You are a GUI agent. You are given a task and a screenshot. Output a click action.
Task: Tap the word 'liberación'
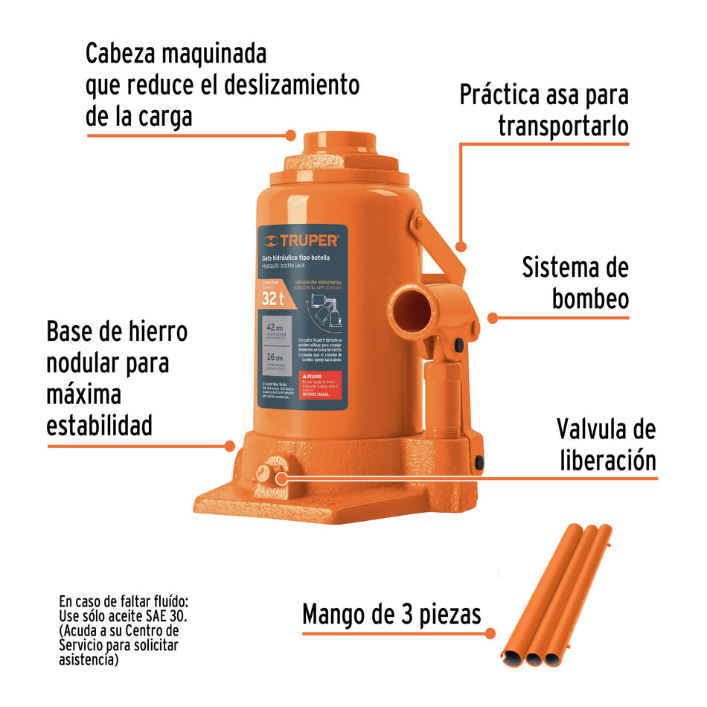tap(608, 460)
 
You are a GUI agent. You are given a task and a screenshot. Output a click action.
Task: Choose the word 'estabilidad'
tap(99, 426)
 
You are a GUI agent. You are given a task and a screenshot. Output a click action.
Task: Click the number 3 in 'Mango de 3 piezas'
tap(396, 615)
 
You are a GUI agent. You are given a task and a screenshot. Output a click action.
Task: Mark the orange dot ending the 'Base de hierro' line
tap(230, 447)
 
